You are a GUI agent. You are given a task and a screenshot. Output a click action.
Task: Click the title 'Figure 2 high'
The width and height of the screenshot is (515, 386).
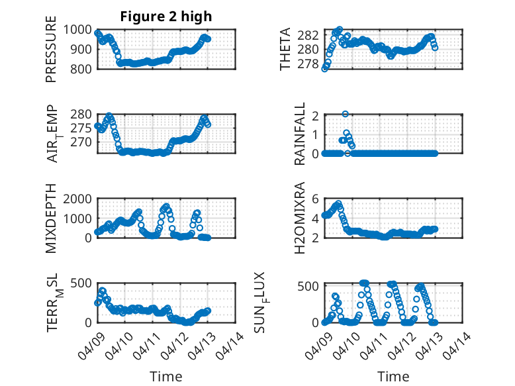(165, 17)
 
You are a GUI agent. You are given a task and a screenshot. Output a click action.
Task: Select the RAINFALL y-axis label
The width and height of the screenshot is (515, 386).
(300, 134)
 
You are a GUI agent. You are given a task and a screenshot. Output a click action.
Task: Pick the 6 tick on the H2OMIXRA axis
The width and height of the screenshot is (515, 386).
(316, 199)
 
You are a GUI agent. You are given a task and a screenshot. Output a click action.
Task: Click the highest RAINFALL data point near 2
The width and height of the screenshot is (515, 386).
(346, 114)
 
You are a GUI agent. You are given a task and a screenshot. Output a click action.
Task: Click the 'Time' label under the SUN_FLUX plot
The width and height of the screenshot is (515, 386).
(393, 377)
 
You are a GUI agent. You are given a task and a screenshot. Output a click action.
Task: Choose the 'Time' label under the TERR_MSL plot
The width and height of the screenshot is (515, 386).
(165, 377)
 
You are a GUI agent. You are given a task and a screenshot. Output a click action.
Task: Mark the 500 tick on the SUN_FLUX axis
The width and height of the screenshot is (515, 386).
(312, 286)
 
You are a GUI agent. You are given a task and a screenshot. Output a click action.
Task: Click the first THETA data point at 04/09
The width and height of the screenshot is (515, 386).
(324, 68)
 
